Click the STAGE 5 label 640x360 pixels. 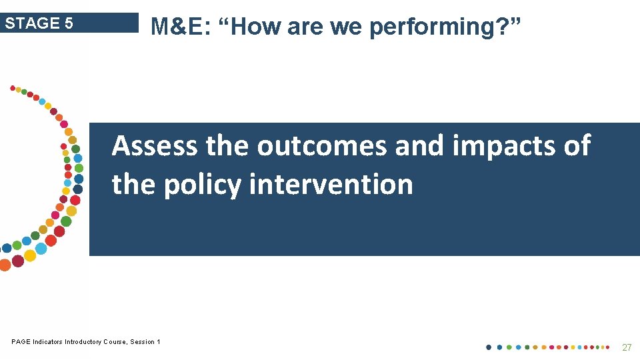point(39,23)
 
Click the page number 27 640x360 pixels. point(627,347)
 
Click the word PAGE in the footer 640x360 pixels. point(21,342)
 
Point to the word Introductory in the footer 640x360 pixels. point(84,342)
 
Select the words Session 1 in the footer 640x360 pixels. point(145,342)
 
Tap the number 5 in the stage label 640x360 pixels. point(69,23)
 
